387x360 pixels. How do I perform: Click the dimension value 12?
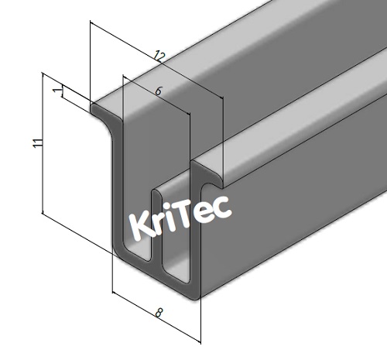pyautogui.click(x=159, y=56)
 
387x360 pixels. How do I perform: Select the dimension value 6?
pyautogui.click(x=158, y=91)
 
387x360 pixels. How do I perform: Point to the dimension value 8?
pyautogui.click(x=159, y=314)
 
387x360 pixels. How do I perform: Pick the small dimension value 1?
pyautogui.click(x=57, y=91)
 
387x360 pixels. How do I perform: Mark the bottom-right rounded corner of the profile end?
pyautogui.click(x=193, y=293)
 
